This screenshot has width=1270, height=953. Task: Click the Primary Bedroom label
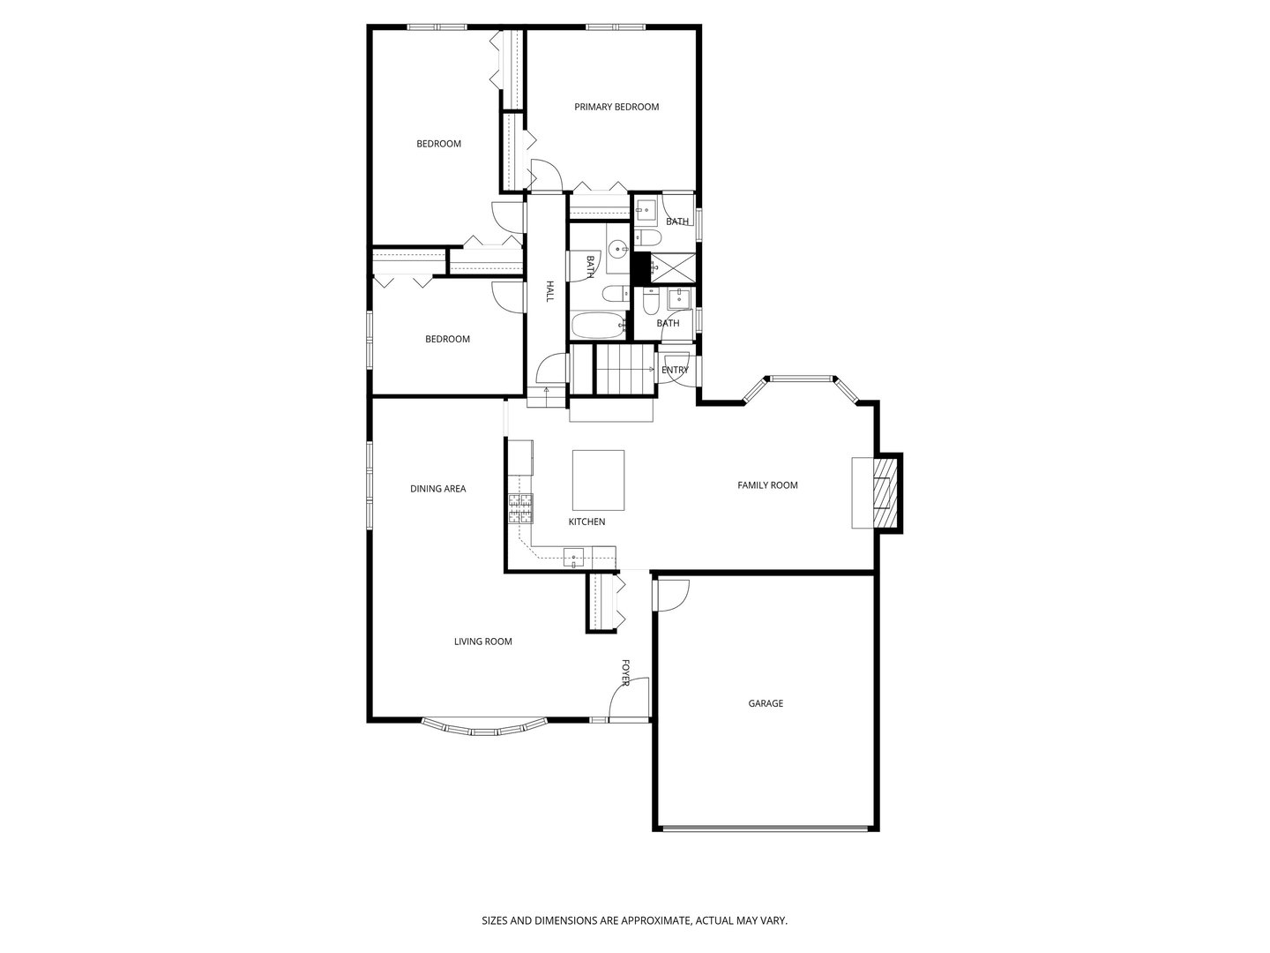616,107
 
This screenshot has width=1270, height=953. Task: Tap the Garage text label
766,703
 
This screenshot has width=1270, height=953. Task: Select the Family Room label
767,484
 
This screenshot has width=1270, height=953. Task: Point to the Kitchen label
586,522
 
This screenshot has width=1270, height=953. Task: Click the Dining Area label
437,488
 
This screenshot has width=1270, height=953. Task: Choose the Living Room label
482,642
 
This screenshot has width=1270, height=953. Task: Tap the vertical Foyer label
625,672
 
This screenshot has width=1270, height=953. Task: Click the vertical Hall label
549,292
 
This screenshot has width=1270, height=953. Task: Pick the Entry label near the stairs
675,370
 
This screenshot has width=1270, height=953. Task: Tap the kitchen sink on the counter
574,556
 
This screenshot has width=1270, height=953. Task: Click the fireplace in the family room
882,492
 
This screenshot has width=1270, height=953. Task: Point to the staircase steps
624,370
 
